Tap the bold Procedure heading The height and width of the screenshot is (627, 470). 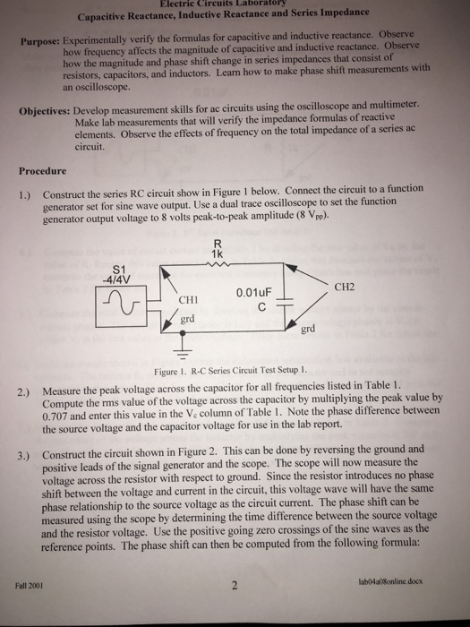41,171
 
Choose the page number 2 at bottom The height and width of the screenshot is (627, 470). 234,588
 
